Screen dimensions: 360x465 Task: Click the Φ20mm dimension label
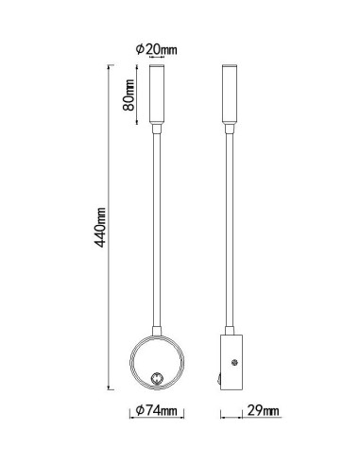tap(157, 49)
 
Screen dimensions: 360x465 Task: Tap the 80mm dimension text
tap(129, 95)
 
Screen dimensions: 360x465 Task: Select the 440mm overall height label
tap(100, 227)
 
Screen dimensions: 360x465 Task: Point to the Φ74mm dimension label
tap(156, 410)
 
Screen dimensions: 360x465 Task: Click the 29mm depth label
tap(263, 410)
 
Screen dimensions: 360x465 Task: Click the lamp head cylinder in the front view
tap(157, 94)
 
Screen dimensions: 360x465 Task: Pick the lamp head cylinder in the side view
tap(230, 94)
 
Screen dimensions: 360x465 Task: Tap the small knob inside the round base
tap(157, 377)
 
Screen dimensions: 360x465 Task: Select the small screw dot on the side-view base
tap(234, 362)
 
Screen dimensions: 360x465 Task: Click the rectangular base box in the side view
tap(231, 362)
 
